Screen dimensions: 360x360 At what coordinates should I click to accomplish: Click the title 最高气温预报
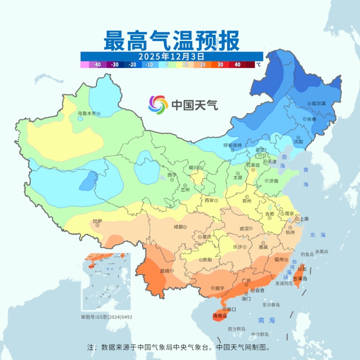point(170,40)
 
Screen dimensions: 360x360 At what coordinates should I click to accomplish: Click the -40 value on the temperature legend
point(97,64)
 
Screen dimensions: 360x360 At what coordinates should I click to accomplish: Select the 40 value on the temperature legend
point(237,64)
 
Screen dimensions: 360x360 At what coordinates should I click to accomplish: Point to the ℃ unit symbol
point(258,64)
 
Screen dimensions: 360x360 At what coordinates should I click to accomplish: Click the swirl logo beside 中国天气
point(158,104)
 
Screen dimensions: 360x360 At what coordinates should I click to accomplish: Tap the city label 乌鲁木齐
point(86,113)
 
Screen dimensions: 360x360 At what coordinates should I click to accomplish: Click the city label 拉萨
point(97,220)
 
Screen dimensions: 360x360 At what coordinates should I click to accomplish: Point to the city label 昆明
point(164,270)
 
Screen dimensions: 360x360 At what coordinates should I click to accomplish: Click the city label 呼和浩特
point(232,145)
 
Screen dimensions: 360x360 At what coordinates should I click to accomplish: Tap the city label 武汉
point(244,228)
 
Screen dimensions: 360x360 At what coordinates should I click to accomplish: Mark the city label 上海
point(303,218)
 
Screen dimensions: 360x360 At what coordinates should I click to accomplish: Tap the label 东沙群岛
point(269,304)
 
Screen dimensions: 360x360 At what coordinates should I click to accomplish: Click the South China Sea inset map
point(106,282)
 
